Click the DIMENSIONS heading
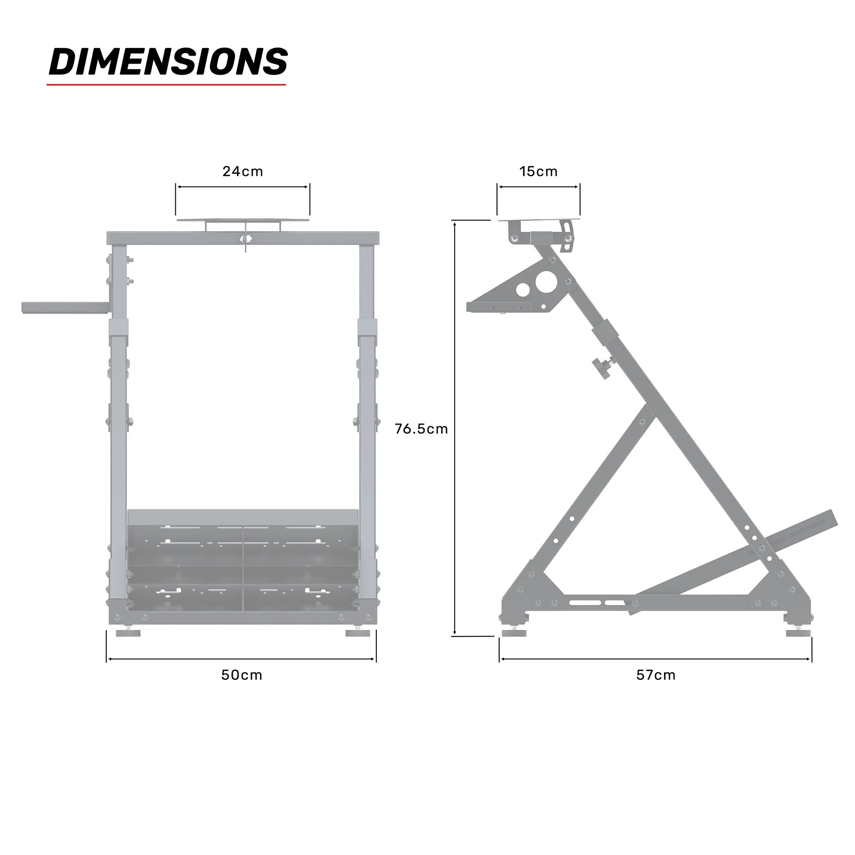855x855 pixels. (x=168, y=62)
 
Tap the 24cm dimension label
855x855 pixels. (x=243, y=171)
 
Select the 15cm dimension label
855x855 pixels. (x=538, y=171)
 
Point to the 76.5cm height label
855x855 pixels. (x=421, y=429)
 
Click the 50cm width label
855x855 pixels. (x=242, y=675)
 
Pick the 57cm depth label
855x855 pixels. (x=656, y=675)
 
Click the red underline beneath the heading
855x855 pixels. (x=166, y=85)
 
